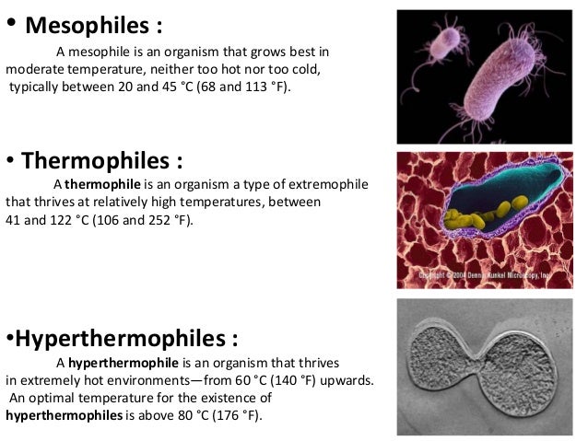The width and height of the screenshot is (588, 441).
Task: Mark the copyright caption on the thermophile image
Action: [x=498, y=274]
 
